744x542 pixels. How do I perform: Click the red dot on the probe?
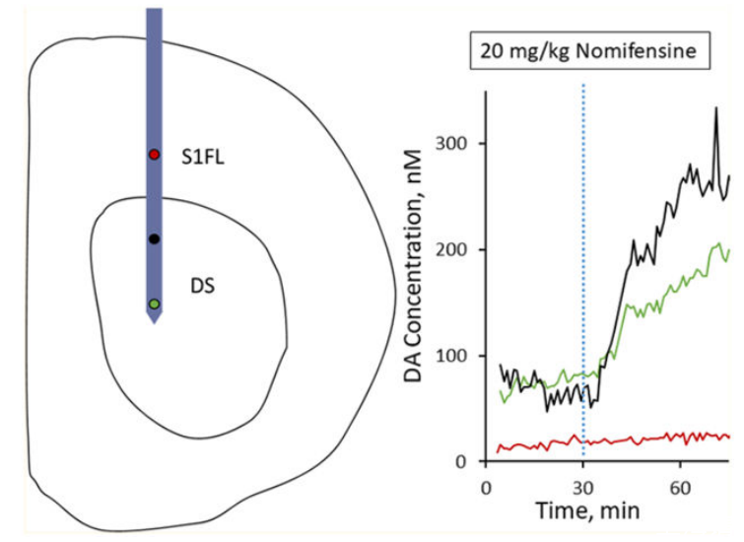click(x=154, y=155)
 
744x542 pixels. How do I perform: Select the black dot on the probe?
click(x=154, y=239)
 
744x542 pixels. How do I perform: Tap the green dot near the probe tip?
click(x=154, y=304)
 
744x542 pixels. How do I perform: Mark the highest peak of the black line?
click(x=716, y=108)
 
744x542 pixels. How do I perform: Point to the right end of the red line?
click(x=729, y=437)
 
